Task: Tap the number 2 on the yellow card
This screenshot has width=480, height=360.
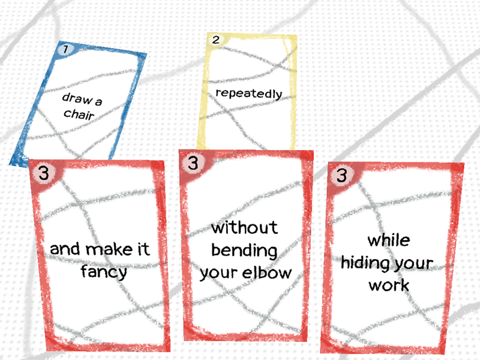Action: coord(216,40)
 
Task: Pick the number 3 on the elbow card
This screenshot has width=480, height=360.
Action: coord(193,163)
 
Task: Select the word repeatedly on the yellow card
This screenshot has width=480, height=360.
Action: coord(248,94)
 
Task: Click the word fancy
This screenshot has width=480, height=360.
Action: coord(104,272)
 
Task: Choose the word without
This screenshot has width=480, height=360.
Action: coord(245,228)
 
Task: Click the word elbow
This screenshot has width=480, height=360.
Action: coord(268,272)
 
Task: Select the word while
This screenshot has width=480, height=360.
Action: coord(389,241)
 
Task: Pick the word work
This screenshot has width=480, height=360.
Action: coord(389,285)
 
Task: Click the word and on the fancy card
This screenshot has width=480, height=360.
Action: coord(64,248)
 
